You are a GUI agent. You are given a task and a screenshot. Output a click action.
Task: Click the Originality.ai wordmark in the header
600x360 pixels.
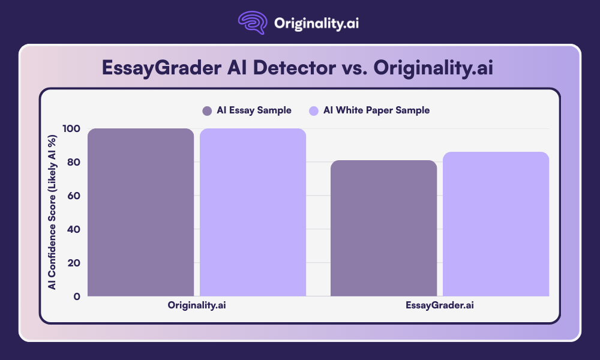tap(316, 24)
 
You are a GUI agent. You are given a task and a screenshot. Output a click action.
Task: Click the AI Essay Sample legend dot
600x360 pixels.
tap(207, 110)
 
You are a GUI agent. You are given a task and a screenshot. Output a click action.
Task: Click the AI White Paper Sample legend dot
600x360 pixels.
tap(313, 110)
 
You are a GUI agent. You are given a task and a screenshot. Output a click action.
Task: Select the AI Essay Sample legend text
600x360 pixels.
tap(254, 110)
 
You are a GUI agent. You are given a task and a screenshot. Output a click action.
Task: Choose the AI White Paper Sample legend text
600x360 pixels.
tap(376, 110)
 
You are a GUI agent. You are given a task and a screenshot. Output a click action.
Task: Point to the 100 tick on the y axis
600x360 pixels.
tap(70, 129)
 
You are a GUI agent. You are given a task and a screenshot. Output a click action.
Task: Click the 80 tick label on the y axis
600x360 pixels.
tap(73, 163)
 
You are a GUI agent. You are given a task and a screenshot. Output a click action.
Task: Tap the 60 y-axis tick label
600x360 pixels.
tap(73, 196)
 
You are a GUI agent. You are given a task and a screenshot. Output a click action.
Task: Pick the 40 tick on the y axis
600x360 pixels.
tap(73, 229)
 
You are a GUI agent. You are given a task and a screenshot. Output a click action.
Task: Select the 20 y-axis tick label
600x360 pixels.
tap(73, 263)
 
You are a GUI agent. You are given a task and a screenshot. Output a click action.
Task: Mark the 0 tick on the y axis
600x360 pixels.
tap(76, 296)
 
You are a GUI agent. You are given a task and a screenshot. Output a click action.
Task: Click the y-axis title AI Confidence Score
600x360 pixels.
tap(53, 212)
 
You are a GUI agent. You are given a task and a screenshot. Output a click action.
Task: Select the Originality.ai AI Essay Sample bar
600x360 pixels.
tap(140, 212)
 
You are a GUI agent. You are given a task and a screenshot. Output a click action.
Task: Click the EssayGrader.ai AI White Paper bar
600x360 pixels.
tap(496, 224)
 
